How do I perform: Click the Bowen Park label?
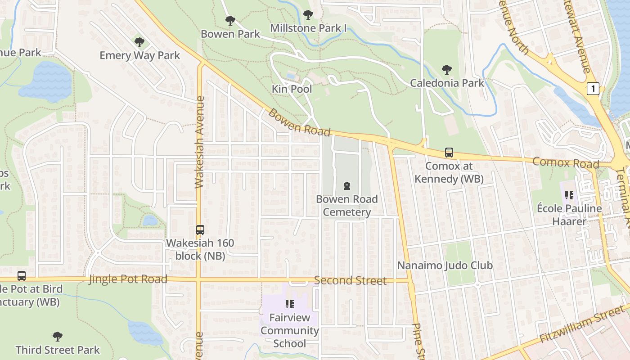tap(230, 34)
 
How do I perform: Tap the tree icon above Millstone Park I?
tap(308, 15)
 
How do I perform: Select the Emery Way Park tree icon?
tap(139, 42)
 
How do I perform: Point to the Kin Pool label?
tap(292, 89)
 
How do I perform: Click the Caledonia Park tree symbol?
tap(446, 70)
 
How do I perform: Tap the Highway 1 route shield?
tap(593, 89)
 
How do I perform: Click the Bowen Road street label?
tap(299, 122)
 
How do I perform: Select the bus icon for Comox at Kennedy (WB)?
tap(449, 153)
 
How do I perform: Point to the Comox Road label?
tap(566, 162)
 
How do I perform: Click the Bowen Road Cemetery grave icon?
tap(346, 185)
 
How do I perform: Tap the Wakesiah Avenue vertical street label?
tap(200, 142)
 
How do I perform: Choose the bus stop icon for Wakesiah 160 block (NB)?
tap(200, 230)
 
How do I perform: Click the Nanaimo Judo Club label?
tap(445, 265)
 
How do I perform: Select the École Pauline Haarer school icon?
tap(569, 195)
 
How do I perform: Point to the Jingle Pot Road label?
tap(128, 279)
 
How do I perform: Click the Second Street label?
tap(350, 281)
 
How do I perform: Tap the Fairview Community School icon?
tap(289, 304)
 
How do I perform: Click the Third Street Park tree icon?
tap(57, 336)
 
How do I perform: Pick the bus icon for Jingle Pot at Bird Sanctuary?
tap(21, 276)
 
